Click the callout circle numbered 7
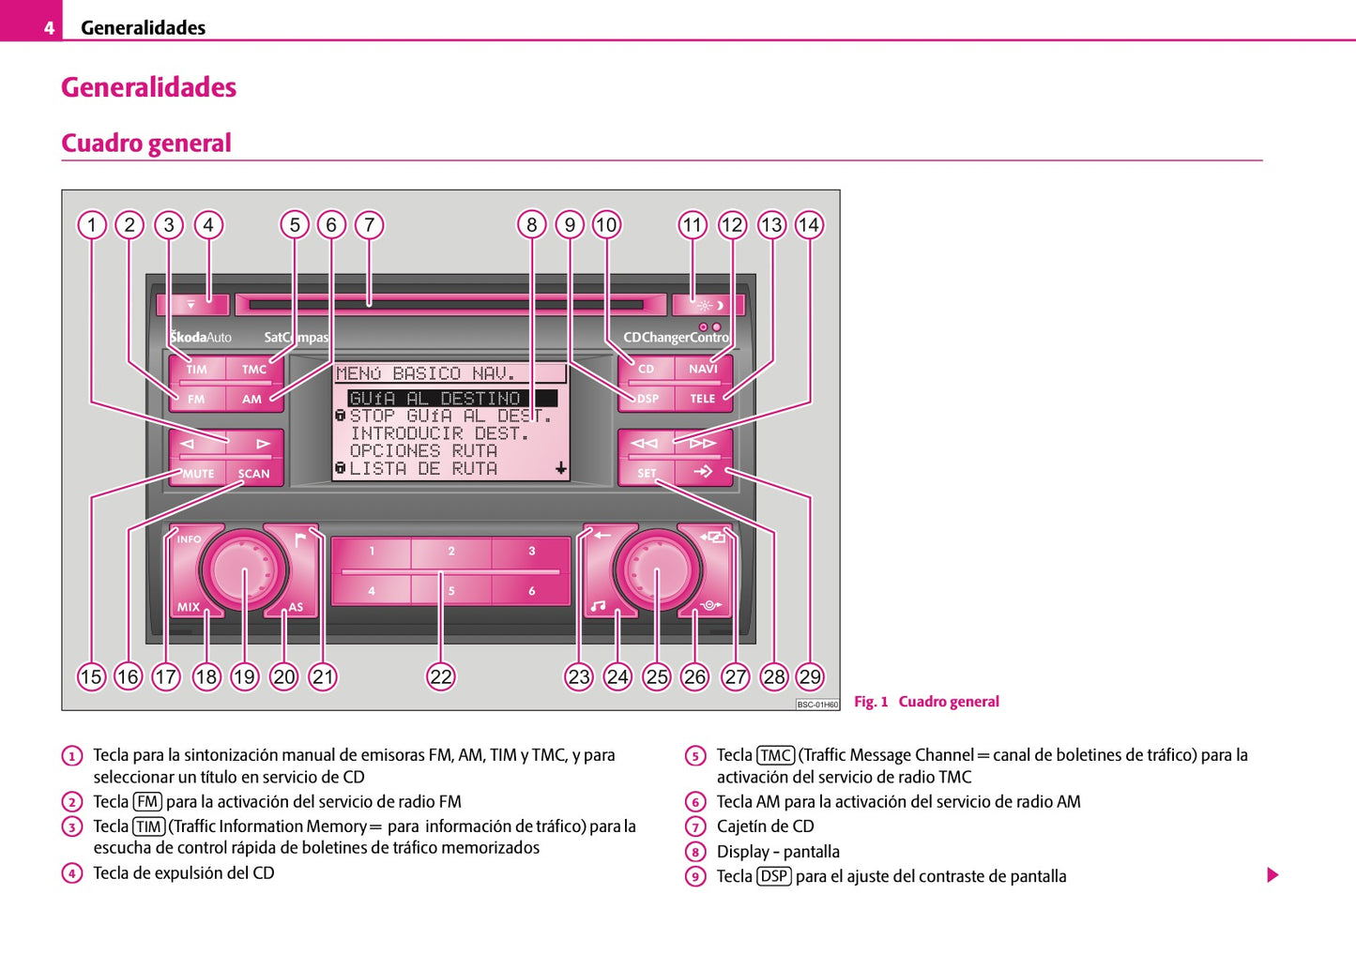click(370, 225)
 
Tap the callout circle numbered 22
click(441, 676)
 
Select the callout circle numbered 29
click(809, 676)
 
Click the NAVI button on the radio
click(703, 369)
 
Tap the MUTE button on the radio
click(198, 474)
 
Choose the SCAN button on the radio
click(253, 474)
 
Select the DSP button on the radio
click(648, 399)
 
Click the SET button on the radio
click(647, 473)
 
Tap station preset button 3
click(531, 552)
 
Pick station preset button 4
click(372, 591)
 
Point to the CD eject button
click(191, 305)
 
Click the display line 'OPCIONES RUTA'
click(423, 451)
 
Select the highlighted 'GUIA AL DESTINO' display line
click(434, 399)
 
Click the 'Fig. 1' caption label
click(870, 702)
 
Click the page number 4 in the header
click(49, 28)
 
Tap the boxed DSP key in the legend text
click(774, 876)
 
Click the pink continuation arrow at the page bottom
click(1272, 875)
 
